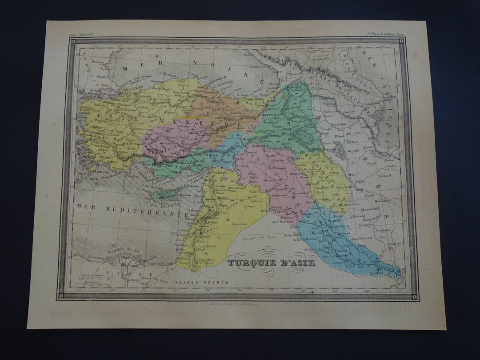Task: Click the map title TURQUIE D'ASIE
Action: (x=271, y=263)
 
